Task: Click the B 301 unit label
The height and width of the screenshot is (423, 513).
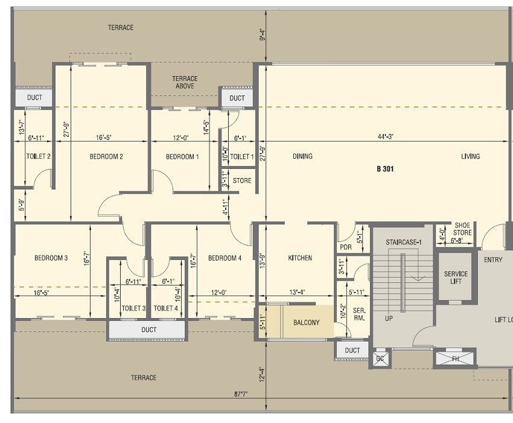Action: tap(384, 169)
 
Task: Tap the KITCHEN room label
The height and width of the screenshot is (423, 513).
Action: tap(300, 258)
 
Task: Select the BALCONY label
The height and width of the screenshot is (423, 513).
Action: tap(307, 322)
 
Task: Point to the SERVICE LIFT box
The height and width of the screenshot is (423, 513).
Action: tap(456, 278)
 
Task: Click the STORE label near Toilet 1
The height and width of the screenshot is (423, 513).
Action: tap(241, 180)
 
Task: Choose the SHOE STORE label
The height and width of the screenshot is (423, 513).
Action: tap(463, 229)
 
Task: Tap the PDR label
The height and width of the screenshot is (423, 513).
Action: tap(346, 247)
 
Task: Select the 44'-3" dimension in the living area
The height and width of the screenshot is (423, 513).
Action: tap(386, 137)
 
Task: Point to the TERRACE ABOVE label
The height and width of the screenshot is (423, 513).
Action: tap(185, 82)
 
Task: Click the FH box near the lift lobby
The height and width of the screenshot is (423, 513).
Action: tap(455, 357)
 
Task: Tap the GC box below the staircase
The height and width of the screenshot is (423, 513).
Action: tap(380, 358)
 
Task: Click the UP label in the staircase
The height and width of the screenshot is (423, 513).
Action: tap(389, 317)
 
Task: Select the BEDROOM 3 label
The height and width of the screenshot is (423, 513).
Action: tap(51, 258)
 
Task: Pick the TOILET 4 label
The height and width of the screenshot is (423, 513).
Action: tap(165, 308)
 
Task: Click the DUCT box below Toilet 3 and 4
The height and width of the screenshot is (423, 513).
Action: tap(148, 329)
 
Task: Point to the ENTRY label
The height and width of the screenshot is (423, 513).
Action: tap(492, 260)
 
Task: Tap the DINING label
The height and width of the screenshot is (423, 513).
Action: tap(302, 156)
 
